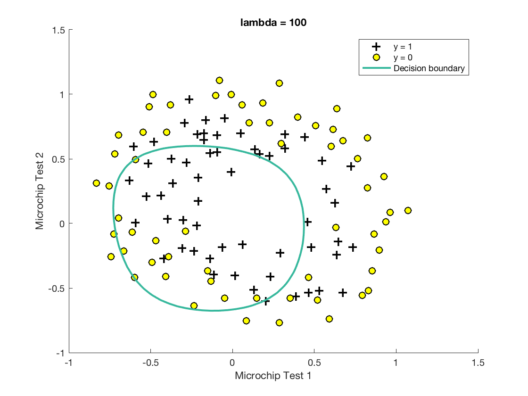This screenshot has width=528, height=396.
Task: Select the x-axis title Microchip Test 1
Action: (273, 376)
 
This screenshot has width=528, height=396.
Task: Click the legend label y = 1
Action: (405, 47)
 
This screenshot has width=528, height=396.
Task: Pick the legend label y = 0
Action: (405, 58)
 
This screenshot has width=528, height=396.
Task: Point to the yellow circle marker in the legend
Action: (376, 58)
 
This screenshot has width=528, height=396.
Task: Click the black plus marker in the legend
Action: (376, 47)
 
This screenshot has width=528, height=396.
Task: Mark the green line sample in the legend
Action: (376, 68)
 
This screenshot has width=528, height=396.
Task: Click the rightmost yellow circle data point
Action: (408, 210)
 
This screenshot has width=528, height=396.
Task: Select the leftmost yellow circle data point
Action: (97, 183)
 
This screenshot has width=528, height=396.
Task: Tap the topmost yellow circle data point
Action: (219, 81)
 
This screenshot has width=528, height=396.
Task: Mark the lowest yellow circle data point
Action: (279, 322)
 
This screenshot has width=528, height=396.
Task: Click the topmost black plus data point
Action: (189, 99)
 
